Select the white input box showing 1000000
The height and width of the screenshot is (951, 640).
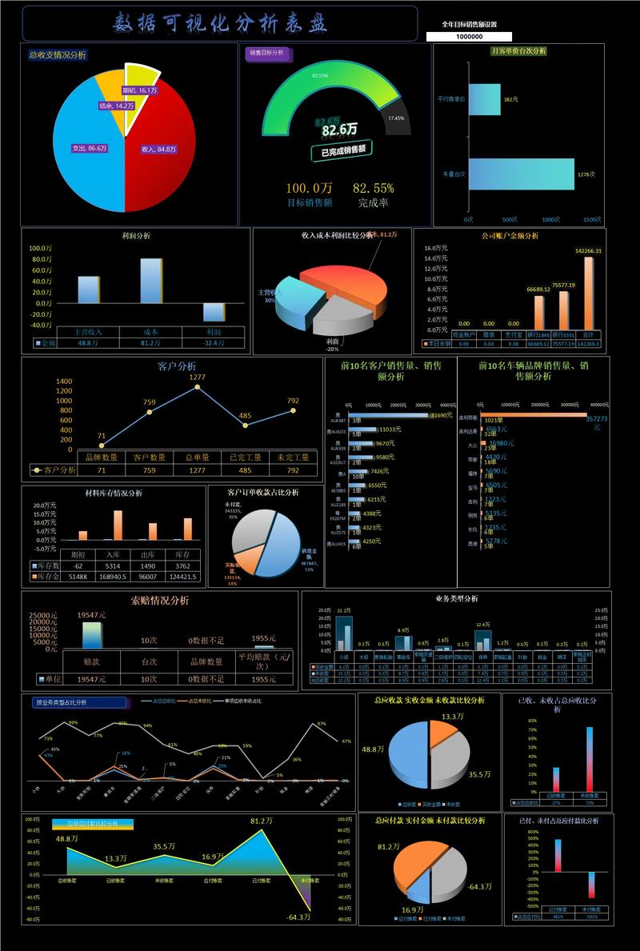point(469,37)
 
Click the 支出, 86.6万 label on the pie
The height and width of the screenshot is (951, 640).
point(90,148)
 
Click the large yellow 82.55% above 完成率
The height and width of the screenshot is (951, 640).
point(373,188)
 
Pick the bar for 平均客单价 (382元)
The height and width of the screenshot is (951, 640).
point(485,99)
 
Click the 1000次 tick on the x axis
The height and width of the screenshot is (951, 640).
point(550,219)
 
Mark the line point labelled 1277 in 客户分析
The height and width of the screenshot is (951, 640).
point(197,387)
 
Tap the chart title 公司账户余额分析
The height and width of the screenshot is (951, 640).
point(510,236)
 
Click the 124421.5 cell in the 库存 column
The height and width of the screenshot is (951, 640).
point(183,576)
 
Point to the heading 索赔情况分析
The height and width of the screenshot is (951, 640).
point(160,600)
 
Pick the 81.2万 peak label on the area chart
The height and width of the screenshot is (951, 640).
point(261,821)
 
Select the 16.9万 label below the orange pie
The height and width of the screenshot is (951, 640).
point(413,909)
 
